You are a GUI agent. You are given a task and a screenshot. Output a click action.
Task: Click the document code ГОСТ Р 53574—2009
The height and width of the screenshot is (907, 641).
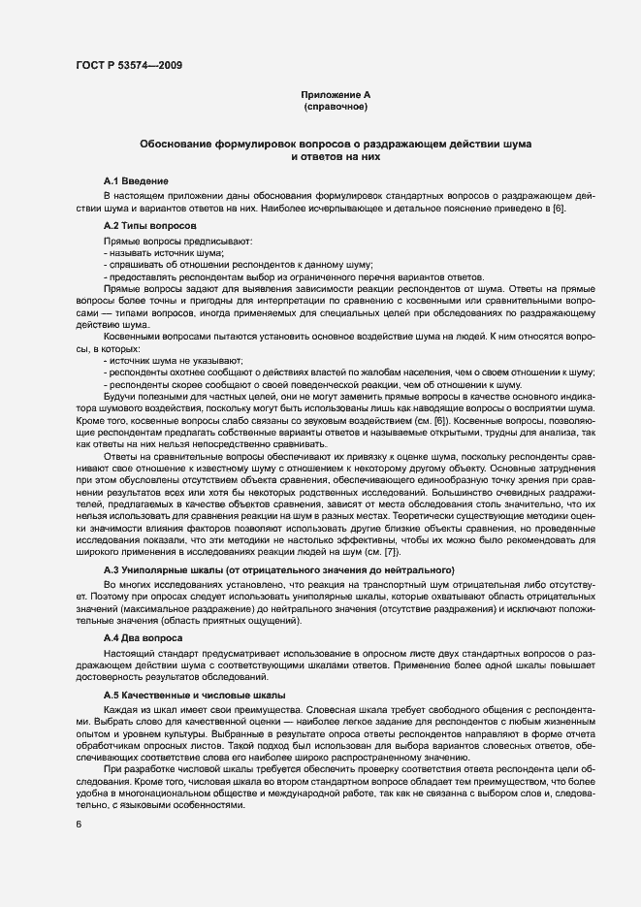pyautogui.click(x=127, y=65)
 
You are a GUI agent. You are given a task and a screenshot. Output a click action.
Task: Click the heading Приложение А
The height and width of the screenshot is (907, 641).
pyautogui.click(x=336, y=94)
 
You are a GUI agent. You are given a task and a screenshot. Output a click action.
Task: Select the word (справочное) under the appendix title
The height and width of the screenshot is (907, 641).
pyautogui.click(x=336, y=106)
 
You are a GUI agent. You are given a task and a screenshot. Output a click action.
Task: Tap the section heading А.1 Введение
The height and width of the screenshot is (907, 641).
pyautogui.click(x=137, y=181)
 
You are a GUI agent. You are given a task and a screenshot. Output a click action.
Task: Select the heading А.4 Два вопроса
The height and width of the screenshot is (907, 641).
pyautogui.click(x=142, y=639)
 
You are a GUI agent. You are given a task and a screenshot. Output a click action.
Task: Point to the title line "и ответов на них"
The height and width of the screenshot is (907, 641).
pyautogui.click(x=336, y=155)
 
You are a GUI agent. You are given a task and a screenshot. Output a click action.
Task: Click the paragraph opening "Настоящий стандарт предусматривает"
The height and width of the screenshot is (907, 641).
pyautogui.click(x=194, y=656)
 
